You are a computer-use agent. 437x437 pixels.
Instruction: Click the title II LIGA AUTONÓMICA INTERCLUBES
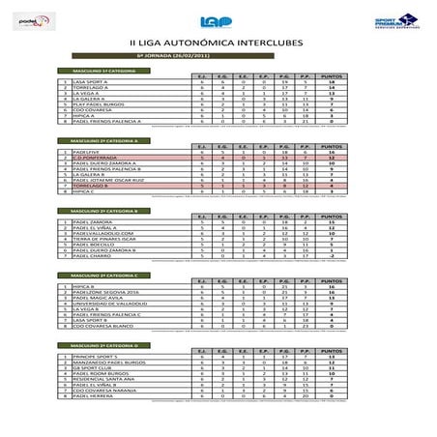pos(218,44)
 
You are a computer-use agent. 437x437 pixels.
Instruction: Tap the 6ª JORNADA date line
pos(218,58)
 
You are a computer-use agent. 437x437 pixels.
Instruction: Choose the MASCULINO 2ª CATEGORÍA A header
pos(99,141)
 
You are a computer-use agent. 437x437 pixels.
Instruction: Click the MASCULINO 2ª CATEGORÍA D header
pos(99,345)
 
